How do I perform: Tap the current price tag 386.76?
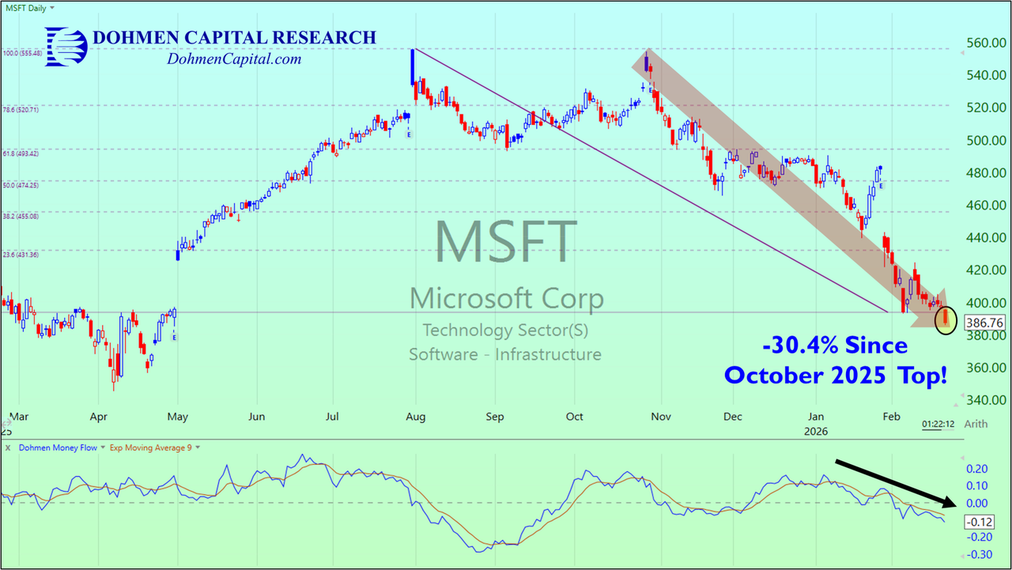(984, 323)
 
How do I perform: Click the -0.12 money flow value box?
(979, 522)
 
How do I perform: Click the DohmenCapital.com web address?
(234, 59)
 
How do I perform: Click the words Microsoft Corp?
(506, 299)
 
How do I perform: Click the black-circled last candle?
(946, 319)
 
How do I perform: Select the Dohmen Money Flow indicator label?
(57, 447)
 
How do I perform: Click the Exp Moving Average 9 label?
(153, 447)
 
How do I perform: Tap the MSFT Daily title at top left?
(25, 7)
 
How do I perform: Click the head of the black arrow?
(952, 503)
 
